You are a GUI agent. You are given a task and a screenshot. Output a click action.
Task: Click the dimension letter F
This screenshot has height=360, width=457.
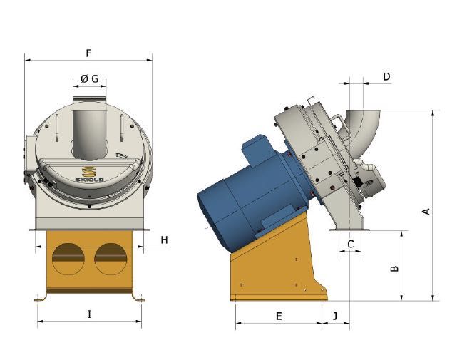coord(88,53)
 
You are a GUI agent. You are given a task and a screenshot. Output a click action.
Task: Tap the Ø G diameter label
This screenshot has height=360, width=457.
coord(90,78)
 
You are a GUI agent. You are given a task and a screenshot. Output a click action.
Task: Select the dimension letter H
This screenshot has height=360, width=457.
coord(165,240)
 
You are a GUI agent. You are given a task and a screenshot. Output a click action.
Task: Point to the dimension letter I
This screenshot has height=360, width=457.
coord(90,314)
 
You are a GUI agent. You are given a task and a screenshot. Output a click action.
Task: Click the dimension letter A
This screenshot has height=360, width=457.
coord(426,211)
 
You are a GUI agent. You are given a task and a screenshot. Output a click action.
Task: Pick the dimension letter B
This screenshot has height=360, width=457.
coord(394,268)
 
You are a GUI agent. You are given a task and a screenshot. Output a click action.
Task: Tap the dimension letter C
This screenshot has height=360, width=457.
coord(351,244)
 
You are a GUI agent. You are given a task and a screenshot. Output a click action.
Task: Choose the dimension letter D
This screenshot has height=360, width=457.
coord(386,77)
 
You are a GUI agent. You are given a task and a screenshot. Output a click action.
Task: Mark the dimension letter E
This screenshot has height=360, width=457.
coord(279,317)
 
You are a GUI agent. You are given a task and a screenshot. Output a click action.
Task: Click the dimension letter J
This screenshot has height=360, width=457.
coord(335,316)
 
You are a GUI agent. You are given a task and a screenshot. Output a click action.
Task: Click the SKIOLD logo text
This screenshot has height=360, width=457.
coord(90,180)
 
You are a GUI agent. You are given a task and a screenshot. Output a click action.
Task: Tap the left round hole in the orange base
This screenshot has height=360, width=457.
coord(68,259)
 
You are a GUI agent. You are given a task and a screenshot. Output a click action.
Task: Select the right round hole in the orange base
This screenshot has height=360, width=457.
coord(111,259)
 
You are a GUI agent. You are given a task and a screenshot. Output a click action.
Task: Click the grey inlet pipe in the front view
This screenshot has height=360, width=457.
coord(90,128)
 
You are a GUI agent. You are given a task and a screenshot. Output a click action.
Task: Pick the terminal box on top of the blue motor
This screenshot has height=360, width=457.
coord(260,152)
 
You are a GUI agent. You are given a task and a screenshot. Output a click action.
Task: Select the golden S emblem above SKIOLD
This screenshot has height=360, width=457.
coord(88,171)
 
